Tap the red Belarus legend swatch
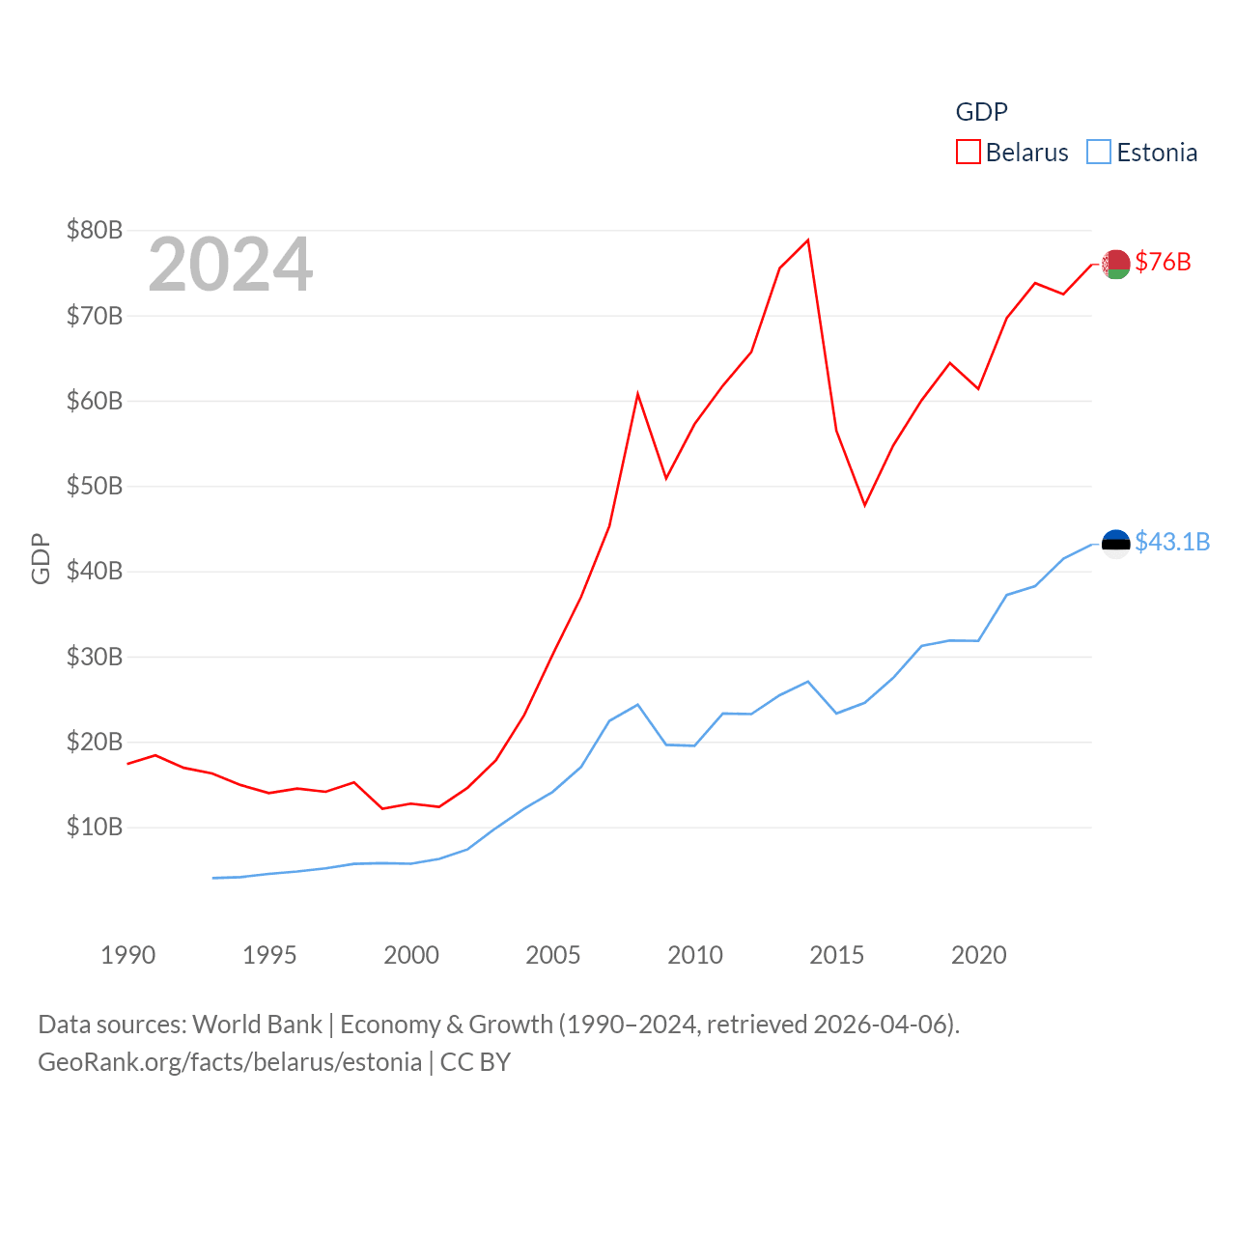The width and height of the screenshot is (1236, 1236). (x=968, y=153)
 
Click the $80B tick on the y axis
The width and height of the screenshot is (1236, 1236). (x=95, y=230)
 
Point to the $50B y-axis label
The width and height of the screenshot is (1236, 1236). (x=95, y=486)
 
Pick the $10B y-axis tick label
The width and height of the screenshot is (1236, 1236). (x=95, y=827)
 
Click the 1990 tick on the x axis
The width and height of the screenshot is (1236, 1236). (x=127, y=955)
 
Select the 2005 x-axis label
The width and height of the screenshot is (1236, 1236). (x=553, y=955)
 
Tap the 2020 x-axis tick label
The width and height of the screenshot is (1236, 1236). (x=979, y=955)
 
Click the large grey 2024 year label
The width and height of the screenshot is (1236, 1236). (x=230, y=265)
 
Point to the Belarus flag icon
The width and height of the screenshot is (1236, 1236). (x=1116, y=264)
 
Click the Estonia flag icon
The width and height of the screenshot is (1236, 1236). (x=1116, y=544)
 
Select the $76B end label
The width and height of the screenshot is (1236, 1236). (x=1163, y=262)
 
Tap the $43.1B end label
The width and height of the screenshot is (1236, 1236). (x=1172, y=542)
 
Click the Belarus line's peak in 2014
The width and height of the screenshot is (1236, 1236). (x=808, y=240)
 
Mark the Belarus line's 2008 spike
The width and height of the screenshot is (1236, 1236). (x=637, y=394)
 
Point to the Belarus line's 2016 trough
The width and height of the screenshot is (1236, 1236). (x=864, y=505)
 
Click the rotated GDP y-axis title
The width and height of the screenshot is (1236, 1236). (x=41, y=558)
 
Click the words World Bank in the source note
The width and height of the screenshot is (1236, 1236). (x=257, y=1024)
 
